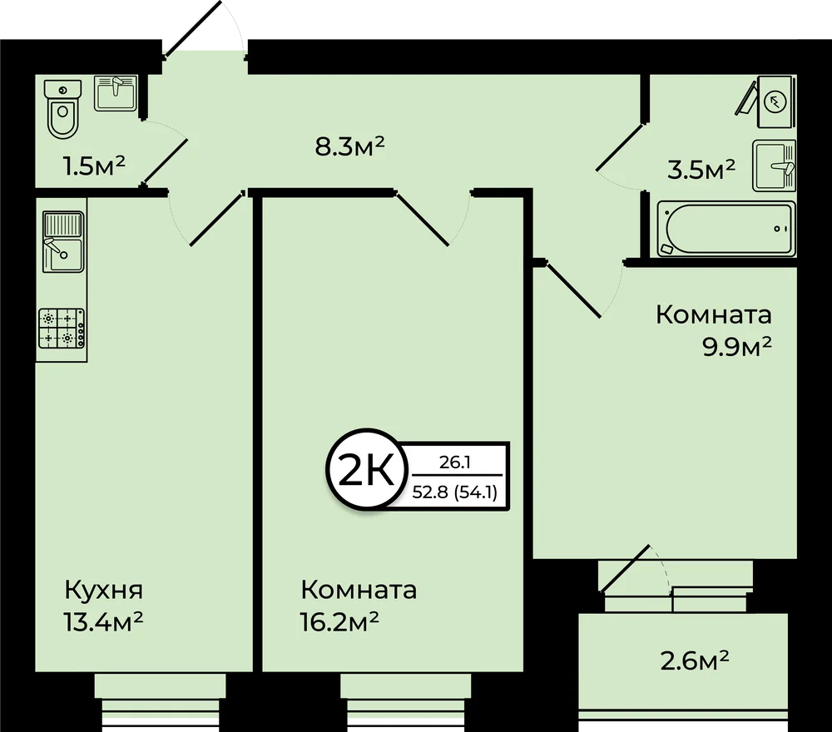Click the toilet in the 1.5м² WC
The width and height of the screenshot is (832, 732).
point(63,109)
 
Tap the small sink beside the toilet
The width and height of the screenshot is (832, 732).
point(116,93)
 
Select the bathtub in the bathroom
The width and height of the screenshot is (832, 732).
point(726,229)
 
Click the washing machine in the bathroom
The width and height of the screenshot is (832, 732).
point(775,101)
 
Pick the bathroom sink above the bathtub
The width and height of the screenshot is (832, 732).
point(774,166)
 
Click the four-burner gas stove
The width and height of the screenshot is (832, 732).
point(62,329)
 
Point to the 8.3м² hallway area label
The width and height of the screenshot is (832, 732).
point(349,146)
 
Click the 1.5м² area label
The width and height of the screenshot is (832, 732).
point(94,166)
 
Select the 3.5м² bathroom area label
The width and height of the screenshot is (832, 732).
point(701,170)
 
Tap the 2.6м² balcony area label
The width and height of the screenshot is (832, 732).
point(695,660)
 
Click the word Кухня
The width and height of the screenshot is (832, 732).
point(104,589)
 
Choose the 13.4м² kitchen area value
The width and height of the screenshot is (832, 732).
point(103,621)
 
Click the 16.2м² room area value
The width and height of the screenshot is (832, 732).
point(339,621)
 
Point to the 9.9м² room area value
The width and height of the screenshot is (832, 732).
point(737,347)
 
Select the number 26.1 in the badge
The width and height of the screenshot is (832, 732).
point(455,462)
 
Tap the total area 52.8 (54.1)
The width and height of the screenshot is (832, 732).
point(455,492)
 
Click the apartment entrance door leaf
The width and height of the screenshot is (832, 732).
point(193,27)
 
